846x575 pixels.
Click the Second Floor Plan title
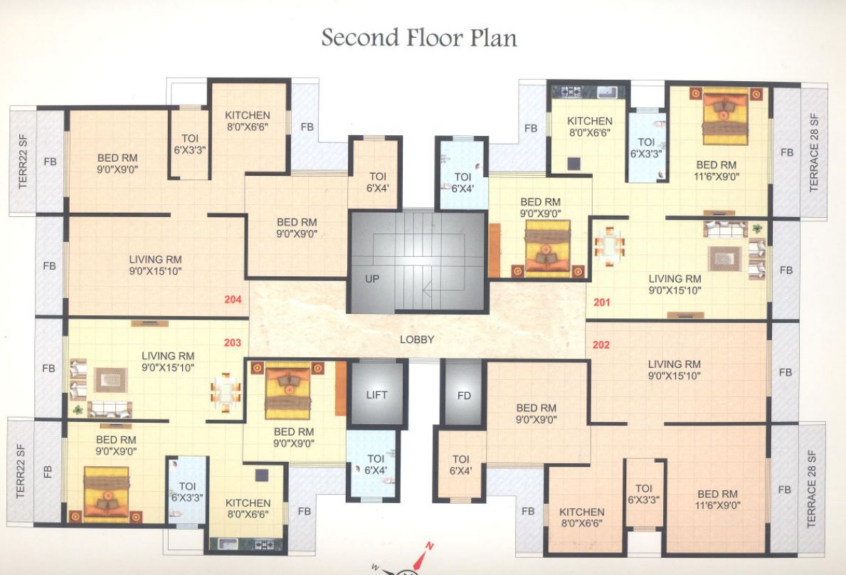(418, 37)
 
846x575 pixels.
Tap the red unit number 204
(233, 300)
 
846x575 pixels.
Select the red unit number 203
(233, 342)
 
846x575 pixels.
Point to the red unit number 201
(602, 302)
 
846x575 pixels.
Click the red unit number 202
(601, 345)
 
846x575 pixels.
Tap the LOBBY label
(416, 339)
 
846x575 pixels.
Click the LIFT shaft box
(376, 394)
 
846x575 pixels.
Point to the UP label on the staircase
(372, 279)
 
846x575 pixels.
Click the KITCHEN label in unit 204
(248, 115)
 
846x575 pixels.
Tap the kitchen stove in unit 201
(571, 91)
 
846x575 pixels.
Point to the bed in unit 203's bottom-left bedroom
(107, 491)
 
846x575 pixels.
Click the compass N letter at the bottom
(429, 547)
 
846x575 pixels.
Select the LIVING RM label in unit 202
(674, 364)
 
